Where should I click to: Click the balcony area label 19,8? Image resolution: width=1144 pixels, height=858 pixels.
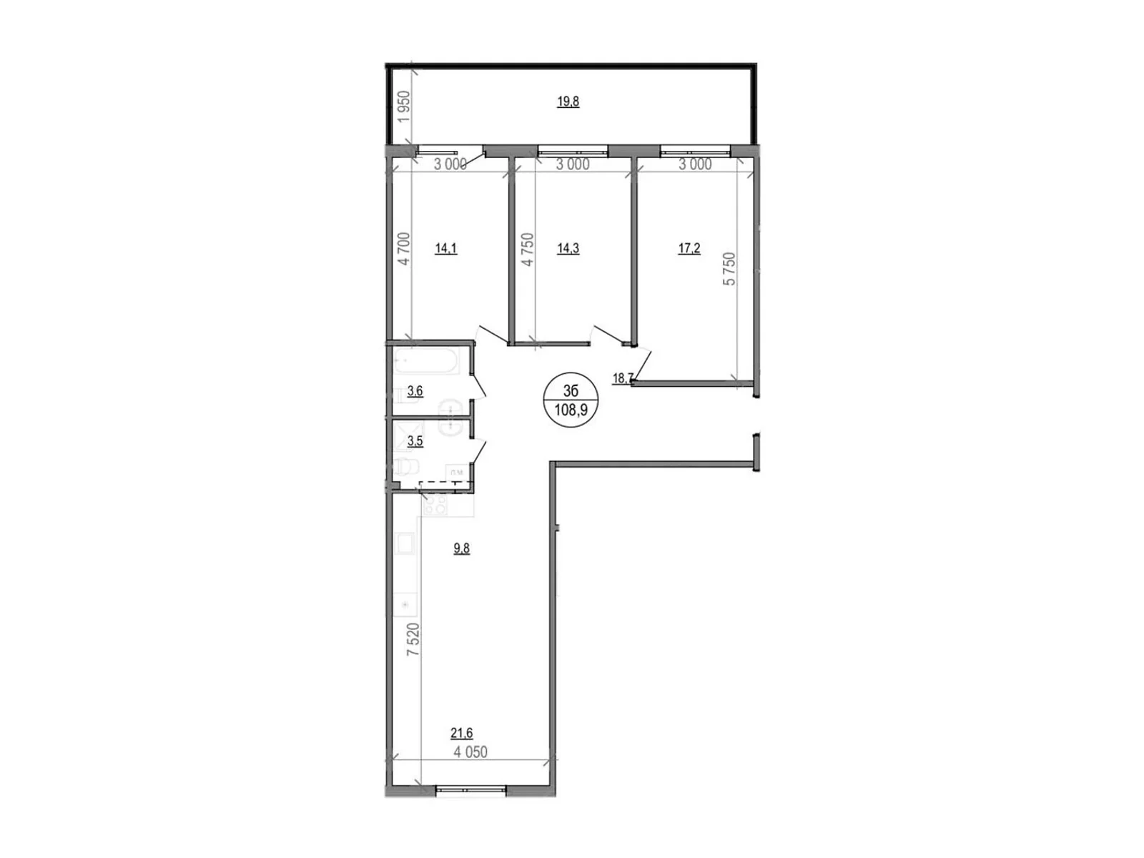(568, 102)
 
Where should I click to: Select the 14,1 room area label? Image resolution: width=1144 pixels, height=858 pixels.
(445, 249)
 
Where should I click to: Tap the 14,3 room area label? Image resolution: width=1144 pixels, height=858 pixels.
(568, 249)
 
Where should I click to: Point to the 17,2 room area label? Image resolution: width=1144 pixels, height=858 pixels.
(689, 249)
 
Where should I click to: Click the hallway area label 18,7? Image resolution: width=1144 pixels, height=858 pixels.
(622, 378)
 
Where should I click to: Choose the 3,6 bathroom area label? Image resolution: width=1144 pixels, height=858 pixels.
(415, 391)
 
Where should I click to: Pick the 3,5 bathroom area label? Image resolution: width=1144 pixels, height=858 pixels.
(415, 442)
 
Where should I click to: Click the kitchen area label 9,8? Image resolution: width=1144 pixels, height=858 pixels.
(462, 549)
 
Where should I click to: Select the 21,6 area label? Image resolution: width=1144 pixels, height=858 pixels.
(462, 733)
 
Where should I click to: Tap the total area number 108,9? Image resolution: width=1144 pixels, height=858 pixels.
(571, 410)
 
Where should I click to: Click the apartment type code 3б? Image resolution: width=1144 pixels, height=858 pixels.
(571, 391)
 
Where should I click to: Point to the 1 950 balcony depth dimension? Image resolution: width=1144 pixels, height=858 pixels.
(405, 107)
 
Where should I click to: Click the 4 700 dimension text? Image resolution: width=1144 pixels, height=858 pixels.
(404, 249)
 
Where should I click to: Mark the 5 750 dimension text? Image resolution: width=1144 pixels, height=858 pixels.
(729, 270)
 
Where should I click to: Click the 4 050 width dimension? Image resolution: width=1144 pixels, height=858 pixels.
(470, 752)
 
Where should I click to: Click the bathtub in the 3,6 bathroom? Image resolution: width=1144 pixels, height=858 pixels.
(427, 362)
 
